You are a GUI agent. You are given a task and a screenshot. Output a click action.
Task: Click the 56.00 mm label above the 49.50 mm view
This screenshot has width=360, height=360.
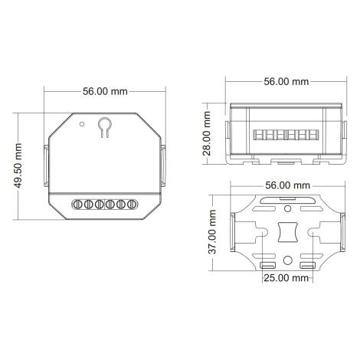(x=104, y=90)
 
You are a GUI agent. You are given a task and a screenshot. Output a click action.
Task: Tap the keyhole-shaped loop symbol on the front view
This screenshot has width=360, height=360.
(x=104, y=125)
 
